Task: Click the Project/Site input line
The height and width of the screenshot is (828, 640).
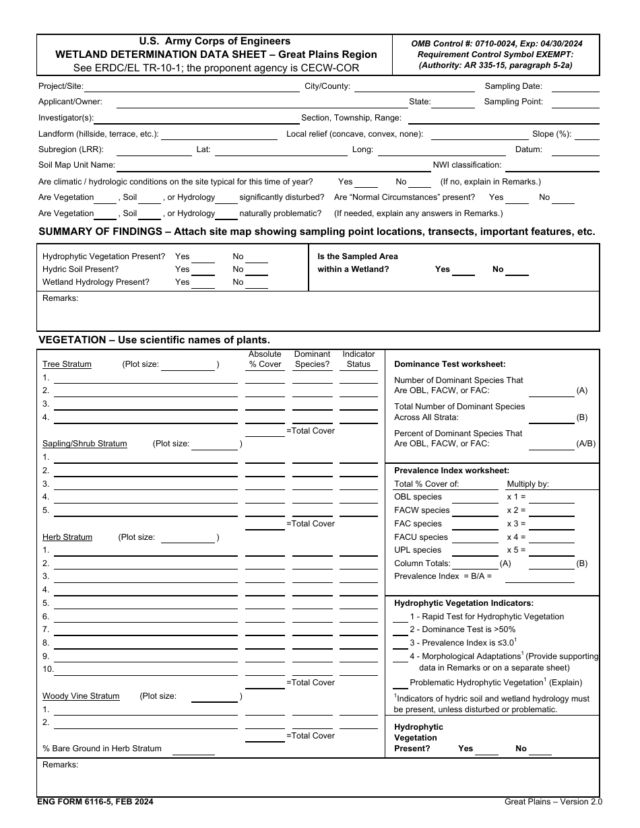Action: click(192, 87)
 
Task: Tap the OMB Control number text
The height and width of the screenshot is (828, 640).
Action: click(497, 43)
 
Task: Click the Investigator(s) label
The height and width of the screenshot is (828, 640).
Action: click(66, 118)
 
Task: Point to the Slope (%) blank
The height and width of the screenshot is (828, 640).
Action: click(587, 135)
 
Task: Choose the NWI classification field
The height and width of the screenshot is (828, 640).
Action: click(552, 166)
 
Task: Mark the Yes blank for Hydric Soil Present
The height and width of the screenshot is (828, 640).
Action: click(203, 270)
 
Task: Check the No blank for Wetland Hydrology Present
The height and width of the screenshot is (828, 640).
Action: click(257, 283)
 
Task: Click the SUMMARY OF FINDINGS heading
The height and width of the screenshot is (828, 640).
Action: click(317, 232)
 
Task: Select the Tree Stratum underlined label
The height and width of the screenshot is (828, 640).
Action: click(67, 364)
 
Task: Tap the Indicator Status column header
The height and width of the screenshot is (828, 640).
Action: click(358, 359)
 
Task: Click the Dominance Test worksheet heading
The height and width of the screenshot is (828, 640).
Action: click(449, 364)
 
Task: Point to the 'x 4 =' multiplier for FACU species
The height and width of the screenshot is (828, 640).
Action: click(516, 537)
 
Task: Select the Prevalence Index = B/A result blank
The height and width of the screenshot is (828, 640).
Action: click(540, 577)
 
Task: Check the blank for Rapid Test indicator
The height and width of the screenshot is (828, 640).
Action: click(400, 617)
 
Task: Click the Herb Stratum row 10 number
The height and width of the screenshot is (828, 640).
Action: click(48, 669)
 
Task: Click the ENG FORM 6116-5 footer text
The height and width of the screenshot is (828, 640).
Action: click(95, 802)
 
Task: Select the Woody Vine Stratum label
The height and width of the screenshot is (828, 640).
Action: click(81, 696)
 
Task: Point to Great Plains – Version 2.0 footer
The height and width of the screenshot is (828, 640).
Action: click(553, 802)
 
